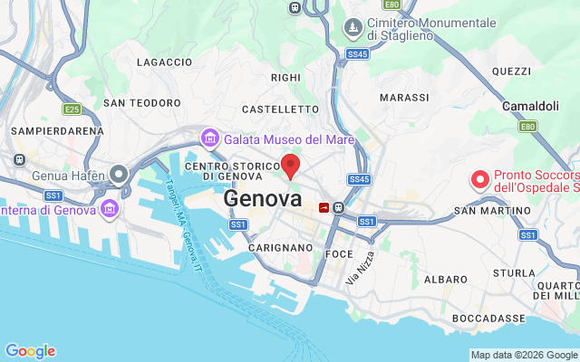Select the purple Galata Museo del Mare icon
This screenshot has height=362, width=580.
pyautogui.click(x=209, y=139)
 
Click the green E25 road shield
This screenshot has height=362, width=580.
pyautogui.click(x=72, y=110)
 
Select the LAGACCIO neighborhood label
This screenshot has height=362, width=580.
pyautogui.click(x=164, y=62)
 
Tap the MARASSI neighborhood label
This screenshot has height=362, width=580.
pyautogui.click(x=404, y=98)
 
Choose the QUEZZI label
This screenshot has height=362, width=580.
pyautogui.click(x=510, y=71)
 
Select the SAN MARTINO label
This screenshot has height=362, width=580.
pyautogui.click(x=492, y=211)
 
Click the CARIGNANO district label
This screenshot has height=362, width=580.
pyautogui.click(x=280, y=247)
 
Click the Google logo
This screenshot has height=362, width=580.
pyautogui.click(x=30, y=351)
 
